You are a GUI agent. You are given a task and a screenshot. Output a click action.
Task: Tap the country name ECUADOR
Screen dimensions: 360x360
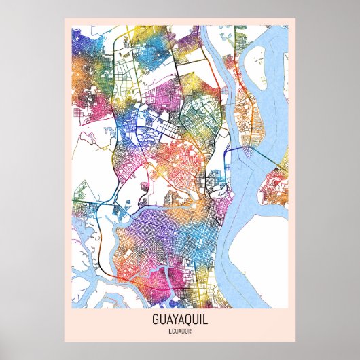click(179, 330)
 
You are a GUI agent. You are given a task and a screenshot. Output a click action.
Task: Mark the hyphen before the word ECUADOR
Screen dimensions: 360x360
click(165, 330)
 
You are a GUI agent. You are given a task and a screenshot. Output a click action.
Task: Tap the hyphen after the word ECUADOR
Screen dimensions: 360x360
click(194, 330)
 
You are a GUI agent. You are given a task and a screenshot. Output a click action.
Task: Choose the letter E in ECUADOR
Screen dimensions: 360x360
click(168, 330)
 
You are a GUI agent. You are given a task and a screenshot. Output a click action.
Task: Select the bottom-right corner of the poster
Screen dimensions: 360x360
click(295, 340)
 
